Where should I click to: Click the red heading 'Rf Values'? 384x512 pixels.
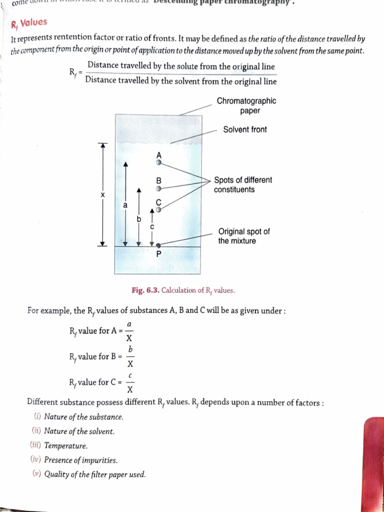29,22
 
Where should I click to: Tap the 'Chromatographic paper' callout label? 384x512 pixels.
246,106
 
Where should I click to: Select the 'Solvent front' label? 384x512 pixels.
244,129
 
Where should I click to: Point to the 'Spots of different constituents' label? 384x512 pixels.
242,184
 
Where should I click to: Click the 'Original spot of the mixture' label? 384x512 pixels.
243,236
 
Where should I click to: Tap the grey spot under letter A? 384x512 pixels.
159,162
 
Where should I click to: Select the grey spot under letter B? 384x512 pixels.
159,189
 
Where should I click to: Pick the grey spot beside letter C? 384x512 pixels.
159,210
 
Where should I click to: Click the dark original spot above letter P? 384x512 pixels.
159,245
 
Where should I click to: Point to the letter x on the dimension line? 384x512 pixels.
102,194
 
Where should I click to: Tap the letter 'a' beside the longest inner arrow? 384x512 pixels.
125,205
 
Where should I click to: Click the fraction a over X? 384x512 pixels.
129,330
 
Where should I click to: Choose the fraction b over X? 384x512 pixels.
129,356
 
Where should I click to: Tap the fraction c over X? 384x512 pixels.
129,382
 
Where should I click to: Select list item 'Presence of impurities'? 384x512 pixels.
80,460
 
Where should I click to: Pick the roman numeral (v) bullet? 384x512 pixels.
37,474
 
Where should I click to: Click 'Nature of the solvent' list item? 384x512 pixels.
79,431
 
